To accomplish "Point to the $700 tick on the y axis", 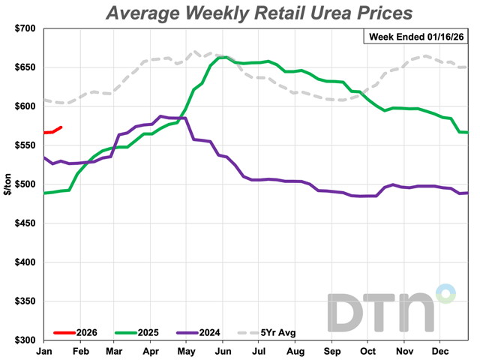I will [23, 28].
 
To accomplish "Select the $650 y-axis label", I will [23, 67].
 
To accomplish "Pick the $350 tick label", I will [23, 301].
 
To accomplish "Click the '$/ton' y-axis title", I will [7, 184].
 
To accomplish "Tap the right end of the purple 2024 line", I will [467, 193].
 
